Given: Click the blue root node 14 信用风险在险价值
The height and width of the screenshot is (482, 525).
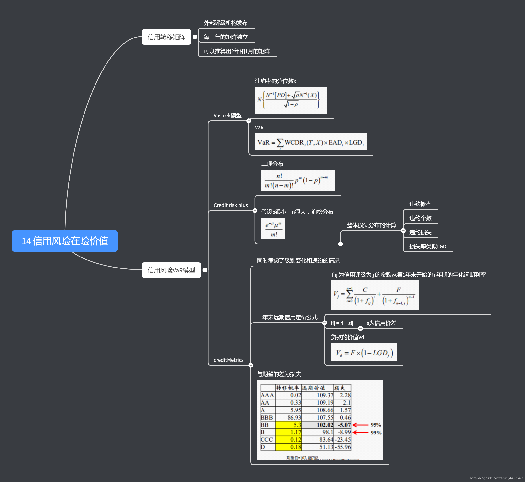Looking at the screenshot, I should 65,241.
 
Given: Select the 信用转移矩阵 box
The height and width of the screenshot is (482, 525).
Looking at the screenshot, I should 166,37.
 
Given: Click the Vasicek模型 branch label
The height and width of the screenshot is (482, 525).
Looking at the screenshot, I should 227,115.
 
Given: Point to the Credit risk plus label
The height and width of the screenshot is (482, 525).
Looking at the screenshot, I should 231,205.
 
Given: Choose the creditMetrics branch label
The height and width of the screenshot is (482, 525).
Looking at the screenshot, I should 229,360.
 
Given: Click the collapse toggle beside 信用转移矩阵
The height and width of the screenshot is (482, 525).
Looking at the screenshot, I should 195,37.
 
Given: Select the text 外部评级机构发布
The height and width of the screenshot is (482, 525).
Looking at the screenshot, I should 225,23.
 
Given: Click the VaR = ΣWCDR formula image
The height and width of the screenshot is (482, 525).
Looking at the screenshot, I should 310,142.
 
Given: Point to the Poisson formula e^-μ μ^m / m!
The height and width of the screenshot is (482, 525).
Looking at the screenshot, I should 273,228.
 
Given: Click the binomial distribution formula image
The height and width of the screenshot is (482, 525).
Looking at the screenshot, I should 298,180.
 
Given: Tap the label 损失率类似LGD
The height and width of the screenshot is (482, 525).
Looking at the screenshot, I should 428,246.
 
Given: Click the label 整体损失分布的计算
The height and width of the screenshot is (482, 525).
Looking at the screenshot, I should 371,225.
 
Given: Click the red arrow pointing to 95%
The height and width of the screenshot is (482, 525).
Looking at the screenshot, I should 360,425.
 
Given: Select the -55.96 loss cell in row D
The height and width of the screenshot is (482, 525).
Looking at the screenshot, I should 343,447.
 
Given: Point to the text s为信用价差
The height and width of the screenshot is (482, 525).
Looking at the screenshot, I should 382,323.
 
